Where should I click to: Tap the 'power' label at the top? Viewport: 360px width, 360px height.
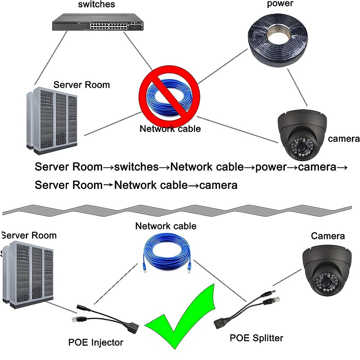280,4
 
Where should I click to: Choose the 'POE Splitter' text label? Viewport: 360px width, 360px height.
256,337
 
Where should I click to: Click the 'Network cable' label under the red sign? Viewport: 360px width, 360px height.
170,129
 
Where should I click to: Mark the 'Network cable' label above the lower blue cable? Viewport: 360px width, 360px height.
166,226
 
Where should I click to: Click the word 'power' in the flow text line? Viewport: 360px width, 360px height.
271,167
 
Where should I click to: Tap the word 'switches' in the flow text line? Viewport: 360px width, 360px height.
136,167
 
